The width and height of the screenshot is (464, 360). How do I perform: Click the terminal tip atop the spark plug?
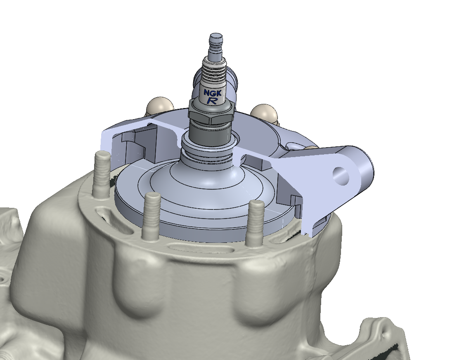click(x=216, y=41)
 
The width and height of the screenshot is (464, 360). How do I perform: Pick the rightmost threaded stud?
click(x=255, y=223)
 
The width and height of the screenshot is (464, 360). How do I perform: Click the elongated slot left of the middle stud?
click(x=109, y=215)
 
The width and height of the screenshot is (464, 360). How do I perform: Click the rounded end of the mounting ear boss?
click(x=363, y=165)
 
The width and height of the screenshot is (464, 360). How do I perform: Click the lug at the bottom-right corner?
click(x=380, y=334)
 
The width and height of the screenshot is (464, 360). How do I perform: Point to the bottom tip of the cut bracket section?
click(x=309, y=234)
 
